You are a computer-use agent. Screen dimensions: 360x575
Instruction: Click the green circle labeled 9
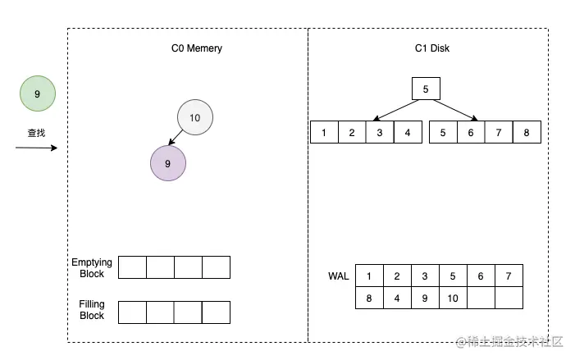point(37,93)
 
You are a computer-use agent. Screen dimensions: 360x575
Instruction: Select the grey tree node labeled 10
point(194,118)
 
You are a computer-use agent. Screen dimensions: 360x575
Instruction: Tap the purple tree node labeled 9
point(168,163)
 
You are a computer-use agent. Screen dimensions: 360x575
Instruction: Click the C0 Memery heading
point(190,48)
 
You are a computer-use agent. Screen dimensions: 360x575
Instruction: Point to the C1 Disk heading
point(431,48)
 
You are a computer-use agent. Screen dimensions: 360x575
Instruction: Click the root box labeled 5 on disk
point(426,89)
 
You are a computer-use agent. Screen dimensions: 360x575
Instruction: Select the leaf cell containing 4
point(407,132)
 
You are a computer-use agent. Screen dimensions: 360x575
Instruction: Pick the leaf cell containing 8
point(527,132)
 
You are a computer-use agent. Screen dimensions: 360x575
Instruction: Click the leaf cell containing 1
point(324,132)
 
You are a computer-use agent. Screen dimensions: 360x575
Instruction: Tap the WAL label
point(338,276)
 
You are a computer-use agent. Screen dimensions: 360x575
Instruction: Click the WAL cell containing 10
point(453,298)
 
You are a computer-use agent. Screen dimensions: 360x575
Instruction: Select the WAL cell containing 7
point(509,276)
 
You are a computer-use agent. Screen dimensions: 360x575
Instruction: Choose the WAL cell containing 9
point(425,298)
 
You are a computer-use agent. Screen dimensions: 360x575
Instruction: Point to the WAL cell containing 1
point(369,276)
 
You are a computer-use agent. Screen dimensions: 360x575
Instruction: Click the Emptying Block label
point(92,268)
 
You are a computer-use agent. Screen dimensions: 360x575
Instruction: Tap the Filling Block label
point(92,310)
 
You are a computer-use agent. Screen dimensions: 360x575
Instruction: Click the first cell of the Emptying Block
point(133,267)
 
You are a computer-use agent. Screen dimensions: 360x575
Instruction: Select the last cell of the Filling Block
point(216,312)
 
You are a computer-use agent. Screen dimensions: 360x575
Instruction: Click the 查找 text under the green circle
point(36,130)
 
